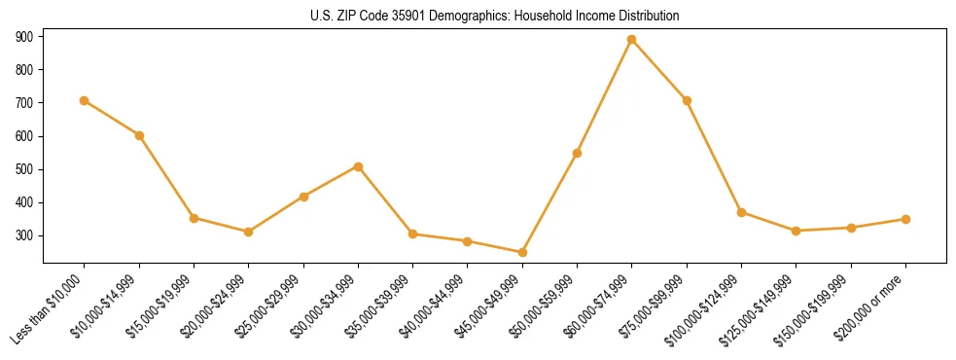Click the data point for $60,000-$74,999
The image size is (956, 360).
coord(632,40)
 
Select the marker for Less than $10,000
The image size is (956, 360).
coord(85,100)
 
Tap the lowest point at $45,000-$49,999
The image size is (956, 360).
coord(522,252)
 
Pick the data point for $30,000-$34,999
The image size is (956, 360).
coord(358,166)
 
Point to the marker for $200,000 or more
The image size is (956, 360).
coord(905,219)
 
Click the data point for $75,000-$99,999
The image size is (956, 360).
coord(687,100)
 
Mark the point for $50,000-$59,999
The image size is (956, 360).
coord(578,153)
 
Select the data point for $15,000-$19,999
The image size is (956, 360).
coord(194,218)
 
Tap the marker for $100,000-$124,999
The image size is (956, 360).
coord(741,212)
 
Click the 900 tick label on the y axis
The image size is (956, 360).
coord(24,37)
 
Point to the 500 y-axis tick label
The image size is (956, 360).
coord(24,169)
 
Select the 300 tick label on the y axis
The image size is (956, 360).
coord(24,235)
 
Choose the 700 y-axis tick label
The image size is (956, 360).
coord(24,103)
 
